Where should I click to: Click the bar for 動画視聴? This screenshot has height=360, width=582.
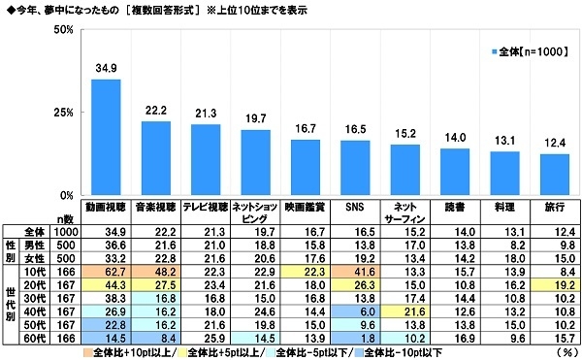pyautogui.click(x=105, y=136)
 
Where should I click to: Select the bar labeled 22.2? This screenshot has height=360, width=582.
pyautogui.click(x=157, y=157)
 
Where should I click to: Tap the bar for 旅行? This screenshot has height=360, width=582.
pyautogui.click(x=555, y=174)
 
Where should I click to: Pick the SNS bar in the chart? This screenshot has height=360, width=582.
pyautogui.click(x=355, y=167)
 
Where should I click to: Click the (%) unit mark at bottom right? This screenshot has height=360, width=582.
pyautogui.click(x=563, y=353)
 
